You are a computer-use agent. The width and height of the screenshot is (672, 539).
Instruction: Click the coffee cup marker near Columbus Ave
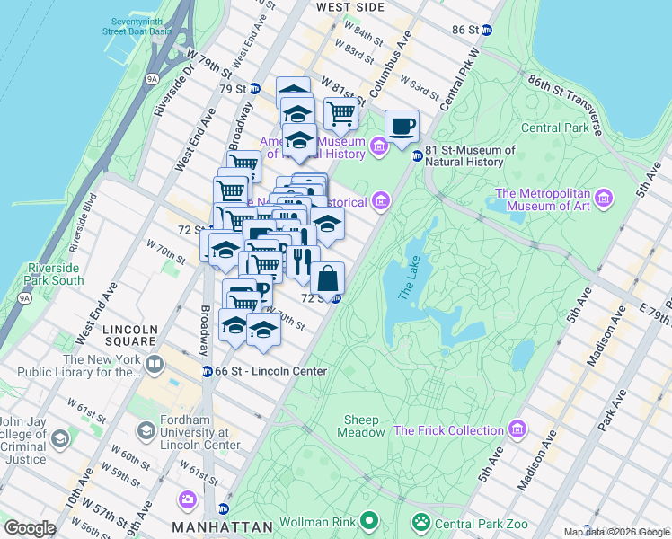[402, 126]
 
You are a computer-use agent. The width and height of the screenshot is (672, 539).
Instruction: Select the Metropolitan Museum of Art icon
[602, 197]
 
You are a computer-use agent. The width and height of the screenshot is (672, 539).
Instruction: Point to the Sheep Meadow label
[363, 426]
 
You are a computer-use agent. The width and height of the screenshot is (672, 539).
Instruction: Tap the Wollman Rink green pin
[368, 520]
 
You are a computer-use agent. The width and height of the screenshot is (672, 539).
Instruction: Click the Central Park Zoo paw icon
[420, 521]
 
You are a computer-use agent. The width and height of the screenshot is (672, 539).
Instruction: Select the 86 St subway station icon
[486, 30]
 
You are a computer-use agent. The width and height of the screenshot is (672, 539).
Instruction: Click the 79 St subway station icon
[255, 88]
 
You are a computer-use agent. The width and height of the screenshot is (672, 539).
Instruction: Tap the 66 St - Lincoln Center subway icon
[207, 371]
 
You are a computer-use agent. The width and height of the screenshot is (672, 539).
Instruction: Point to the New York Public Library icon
[155, 365]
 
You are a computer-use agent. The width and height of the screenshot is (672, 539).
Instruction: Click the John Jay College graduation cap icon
[60, 439]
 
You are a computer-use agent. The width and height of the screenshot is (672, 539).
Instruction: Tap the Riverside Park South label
[56, 273]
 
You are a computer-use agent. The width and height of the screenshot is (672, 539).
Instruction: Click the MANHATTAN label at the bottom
[222, 526]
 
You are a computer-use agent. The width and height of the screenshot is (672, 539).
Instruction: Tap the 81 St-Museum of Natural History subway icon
[417, 156]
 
